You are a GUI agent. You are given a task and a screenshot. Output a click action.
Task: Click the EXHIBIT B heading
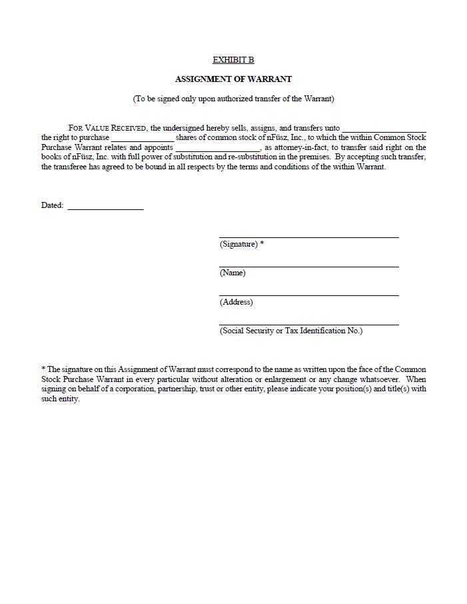[x=233, y=60]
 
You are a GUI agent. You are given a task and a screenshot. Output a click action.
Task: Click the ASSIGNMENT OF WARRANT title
[x=233, y=79]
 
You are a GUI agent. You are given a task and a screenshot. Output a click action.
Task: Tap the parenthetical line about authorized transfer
[x=233, y=99]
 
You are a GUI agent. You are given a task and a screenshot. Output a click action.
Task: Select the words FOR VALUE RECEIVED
[x=107, y=128]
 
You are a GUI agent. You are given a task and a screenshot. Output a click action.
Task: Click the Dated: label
[x=52, y=205]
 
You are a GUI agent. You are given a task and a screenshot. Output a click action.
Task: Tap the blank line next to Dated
[x=105, y=209]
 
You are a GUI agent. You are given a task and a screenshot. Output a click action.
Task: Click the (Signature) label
[x=238, y=244]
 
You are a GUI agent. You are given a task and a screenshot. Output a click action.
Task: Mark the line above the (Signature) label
[x=308, y=237]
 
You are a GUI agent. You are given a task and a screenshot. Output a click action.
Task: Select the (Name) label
[x=233, y=273]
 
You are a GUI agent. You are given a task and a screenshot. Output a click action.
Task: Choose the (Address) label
[x=236, y=302]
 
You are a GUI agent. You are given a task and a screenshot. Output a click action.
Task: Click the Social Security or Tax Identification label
[x=291, y=331]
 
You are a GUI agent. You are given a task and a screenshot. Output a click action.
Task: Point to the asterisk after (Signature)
[x=262, y=243]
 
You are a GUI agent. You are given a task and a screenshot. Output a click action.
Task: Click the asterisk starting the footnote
[x=43, y=369]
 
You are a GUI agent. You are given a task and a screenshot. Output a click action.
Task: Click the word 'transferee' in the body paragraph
[x=73, y=167]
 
